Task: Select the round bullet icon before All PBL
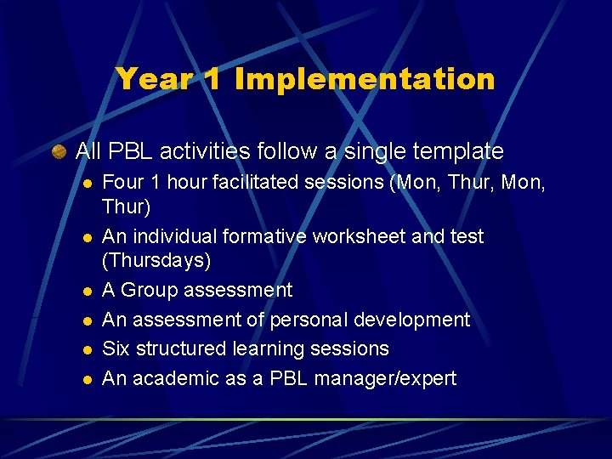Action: coord(59,152)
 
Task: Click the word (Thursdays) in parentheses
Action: coord(156,258)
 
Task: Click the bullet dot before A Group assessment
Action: coord(86,291)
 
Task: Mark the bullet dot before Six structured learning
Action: coord(86,349)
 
